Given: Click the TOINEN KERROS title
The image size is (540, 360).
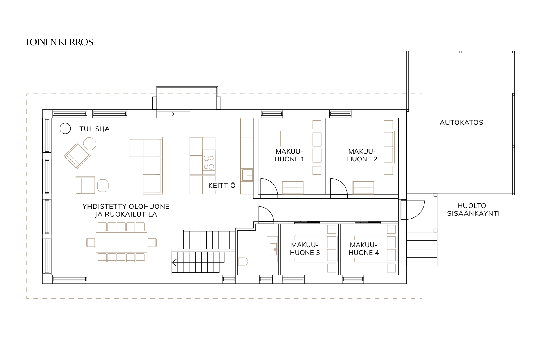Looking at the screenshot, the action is coord(59,42).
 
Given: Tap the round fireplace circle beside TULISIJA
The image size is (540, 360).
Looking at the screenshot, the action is coord(65,129).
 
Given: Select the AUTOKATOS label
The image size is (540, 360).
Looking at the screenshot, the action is coord(462,122).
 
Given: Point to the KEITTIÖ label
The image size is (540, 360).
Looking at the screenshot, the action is coord(222,185).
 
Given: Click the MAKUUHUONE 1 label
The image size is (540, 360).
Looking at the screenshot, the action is coord(289,155).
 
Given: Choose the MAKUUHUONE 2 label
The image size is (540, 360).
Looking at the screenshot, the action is coord(362,155).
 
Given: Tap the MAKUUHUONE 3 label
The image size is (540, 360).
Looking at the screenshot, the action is coord(305,249).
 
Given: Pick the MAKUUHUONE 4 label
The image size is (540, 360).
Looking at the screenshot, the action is coord(364,249).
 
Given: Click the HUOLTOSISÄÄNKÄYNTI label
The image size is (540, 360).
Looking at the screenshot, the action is coord(474,210).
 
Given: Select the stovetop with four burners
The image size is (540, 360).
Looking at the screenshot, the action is coord(209,163).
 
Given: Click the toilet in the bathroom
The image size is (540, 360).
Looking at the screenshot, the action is coord(243,261).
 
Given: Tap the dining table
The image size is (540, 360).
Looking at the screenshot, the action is coord(121,242).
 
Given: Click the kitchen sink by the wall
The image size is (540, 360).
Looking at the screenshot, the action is coord(247,175).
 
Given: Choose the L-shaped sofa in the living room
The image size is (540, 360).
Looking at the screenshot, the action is coord(146,166).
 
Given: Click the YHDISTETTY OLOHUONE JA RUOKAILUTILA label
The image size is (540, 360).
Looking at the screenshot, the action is coord(126,210).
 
